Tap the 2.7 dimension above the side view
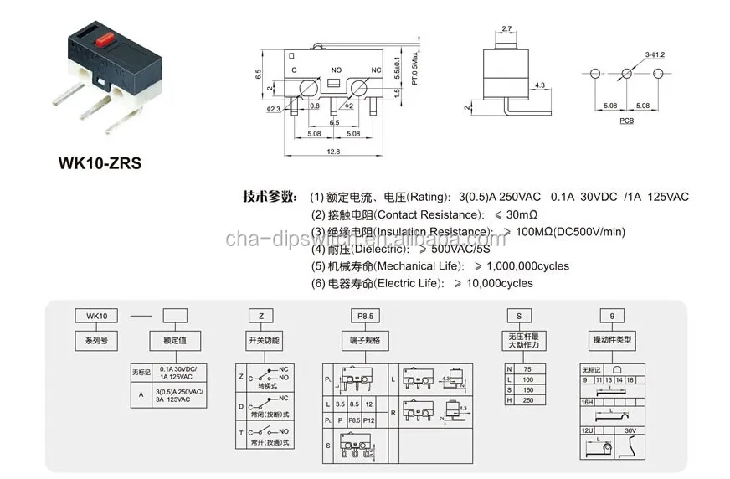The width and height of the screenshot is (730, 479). point(506,29)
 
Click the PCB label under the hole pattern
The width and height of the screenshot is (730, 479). point(627,121)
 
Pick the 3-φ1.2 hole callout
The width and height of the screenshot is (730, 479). point(654,55)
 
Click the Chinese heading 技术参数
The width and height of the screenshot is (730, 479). point(270,197)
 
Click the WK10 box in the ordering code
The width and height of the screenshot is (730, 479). point(98,316)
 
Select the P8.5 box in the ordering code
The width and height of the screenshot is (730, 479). point(364,316)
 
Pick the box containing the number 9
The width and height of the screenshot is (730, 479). point(612,316)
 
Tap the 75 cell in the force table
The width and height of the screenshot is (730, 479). point(526,369)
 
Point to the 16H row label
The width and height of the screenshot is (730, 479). point(589,403)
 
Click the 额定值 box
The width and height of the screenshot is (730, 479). point(175,341)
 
